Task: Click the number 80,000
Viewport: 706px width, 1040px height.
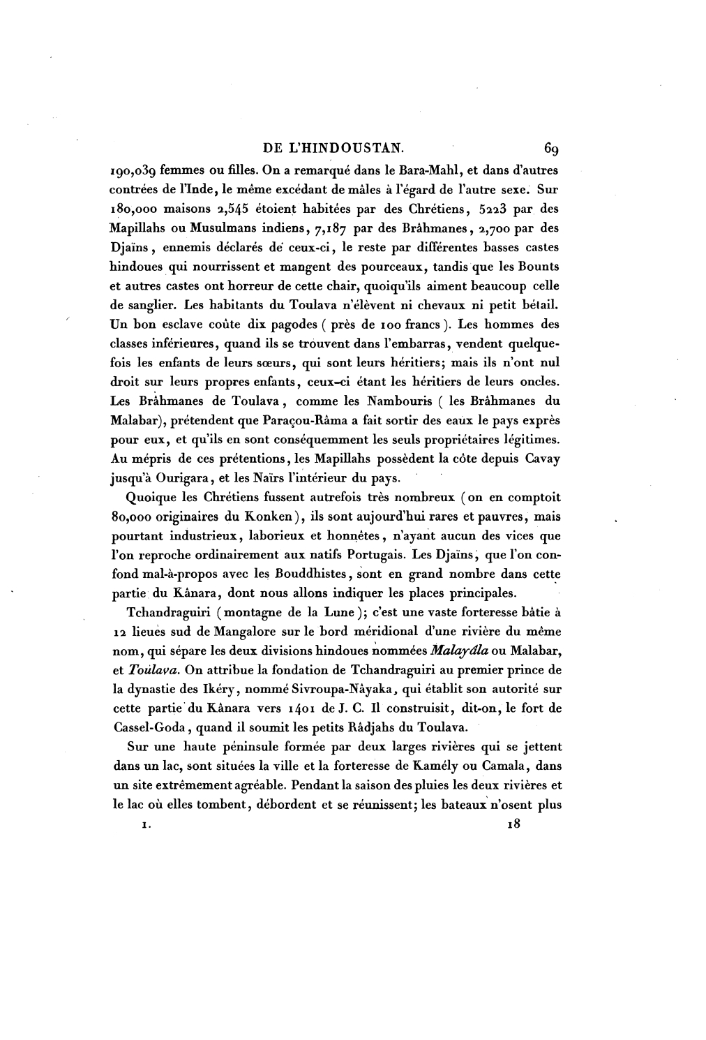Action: (131, 517)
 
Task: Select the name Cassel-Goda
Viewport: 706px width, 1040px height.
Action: (148, 726)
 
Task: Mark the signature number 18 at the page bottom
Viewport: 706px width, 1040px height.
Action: (514, 824)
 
